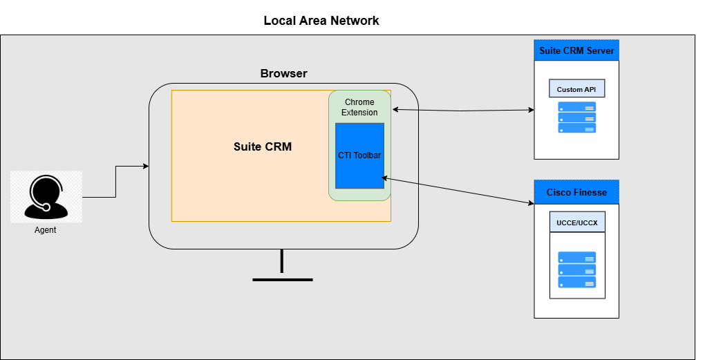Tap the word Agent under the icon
(46, 230)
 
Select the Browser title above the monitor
(283, 74)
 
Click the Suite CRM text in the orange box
(263, 146)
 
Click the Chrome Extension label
(359, 107)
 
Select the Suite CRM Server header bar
(576, 50)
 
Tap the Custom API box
(576, 89)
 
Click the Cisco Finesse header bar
(576, 192)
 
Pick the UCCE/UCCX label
(577, 222)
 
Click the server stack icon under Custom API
(576, 117)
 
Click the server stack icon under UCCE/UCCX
(576, 269)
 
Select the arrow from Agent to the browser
(115, 181)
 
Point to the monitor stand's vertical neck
(282, 261)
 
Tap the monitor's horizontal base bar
(282, 279)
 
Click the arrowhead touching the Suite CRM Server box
(531, 110)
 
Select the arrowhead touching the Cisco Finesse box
(531, 202)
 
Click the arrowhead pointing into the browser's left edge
(146, 166)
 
